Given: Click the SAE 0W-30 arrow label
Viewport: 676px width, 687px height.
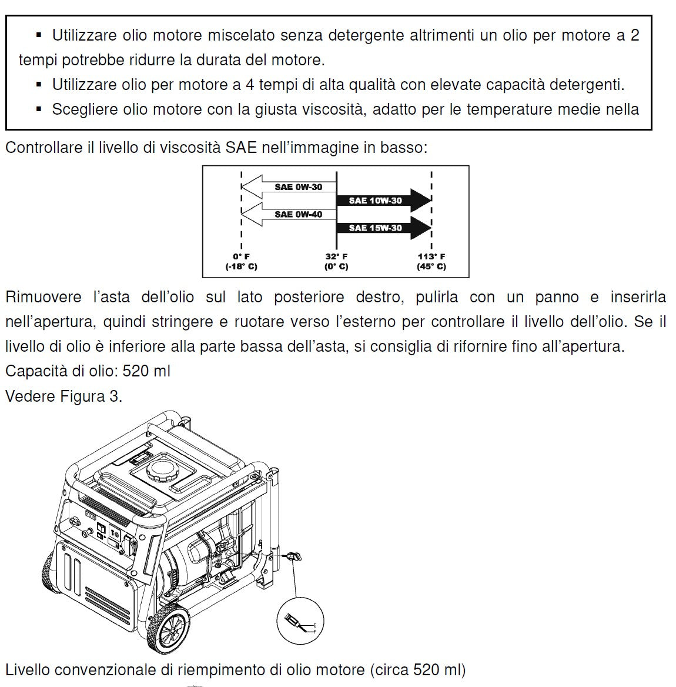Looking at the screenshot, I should pos(298,187).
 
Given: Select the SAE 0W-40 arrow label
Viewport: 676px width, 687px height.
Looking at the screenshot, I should pos(298,215).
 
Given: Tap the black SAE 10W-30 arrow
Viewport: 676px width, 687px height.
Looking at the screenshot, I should pos(382,201).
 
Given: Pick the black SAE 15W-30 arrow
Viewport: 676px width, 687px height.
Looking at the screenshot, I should pos(382,228).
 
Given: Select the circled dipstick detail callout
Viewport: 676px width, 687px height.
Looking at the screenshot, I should pos(300,621).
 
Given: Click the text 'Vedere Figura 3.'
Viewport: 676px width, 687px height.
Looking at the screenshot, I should pos(63,396).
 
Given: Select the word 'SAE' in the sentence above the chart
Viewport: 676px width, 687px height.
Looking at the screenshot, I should pos(241,148).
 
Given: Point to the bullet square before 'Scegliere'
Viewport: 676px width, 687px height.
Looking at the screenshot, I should pos(39,109).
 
